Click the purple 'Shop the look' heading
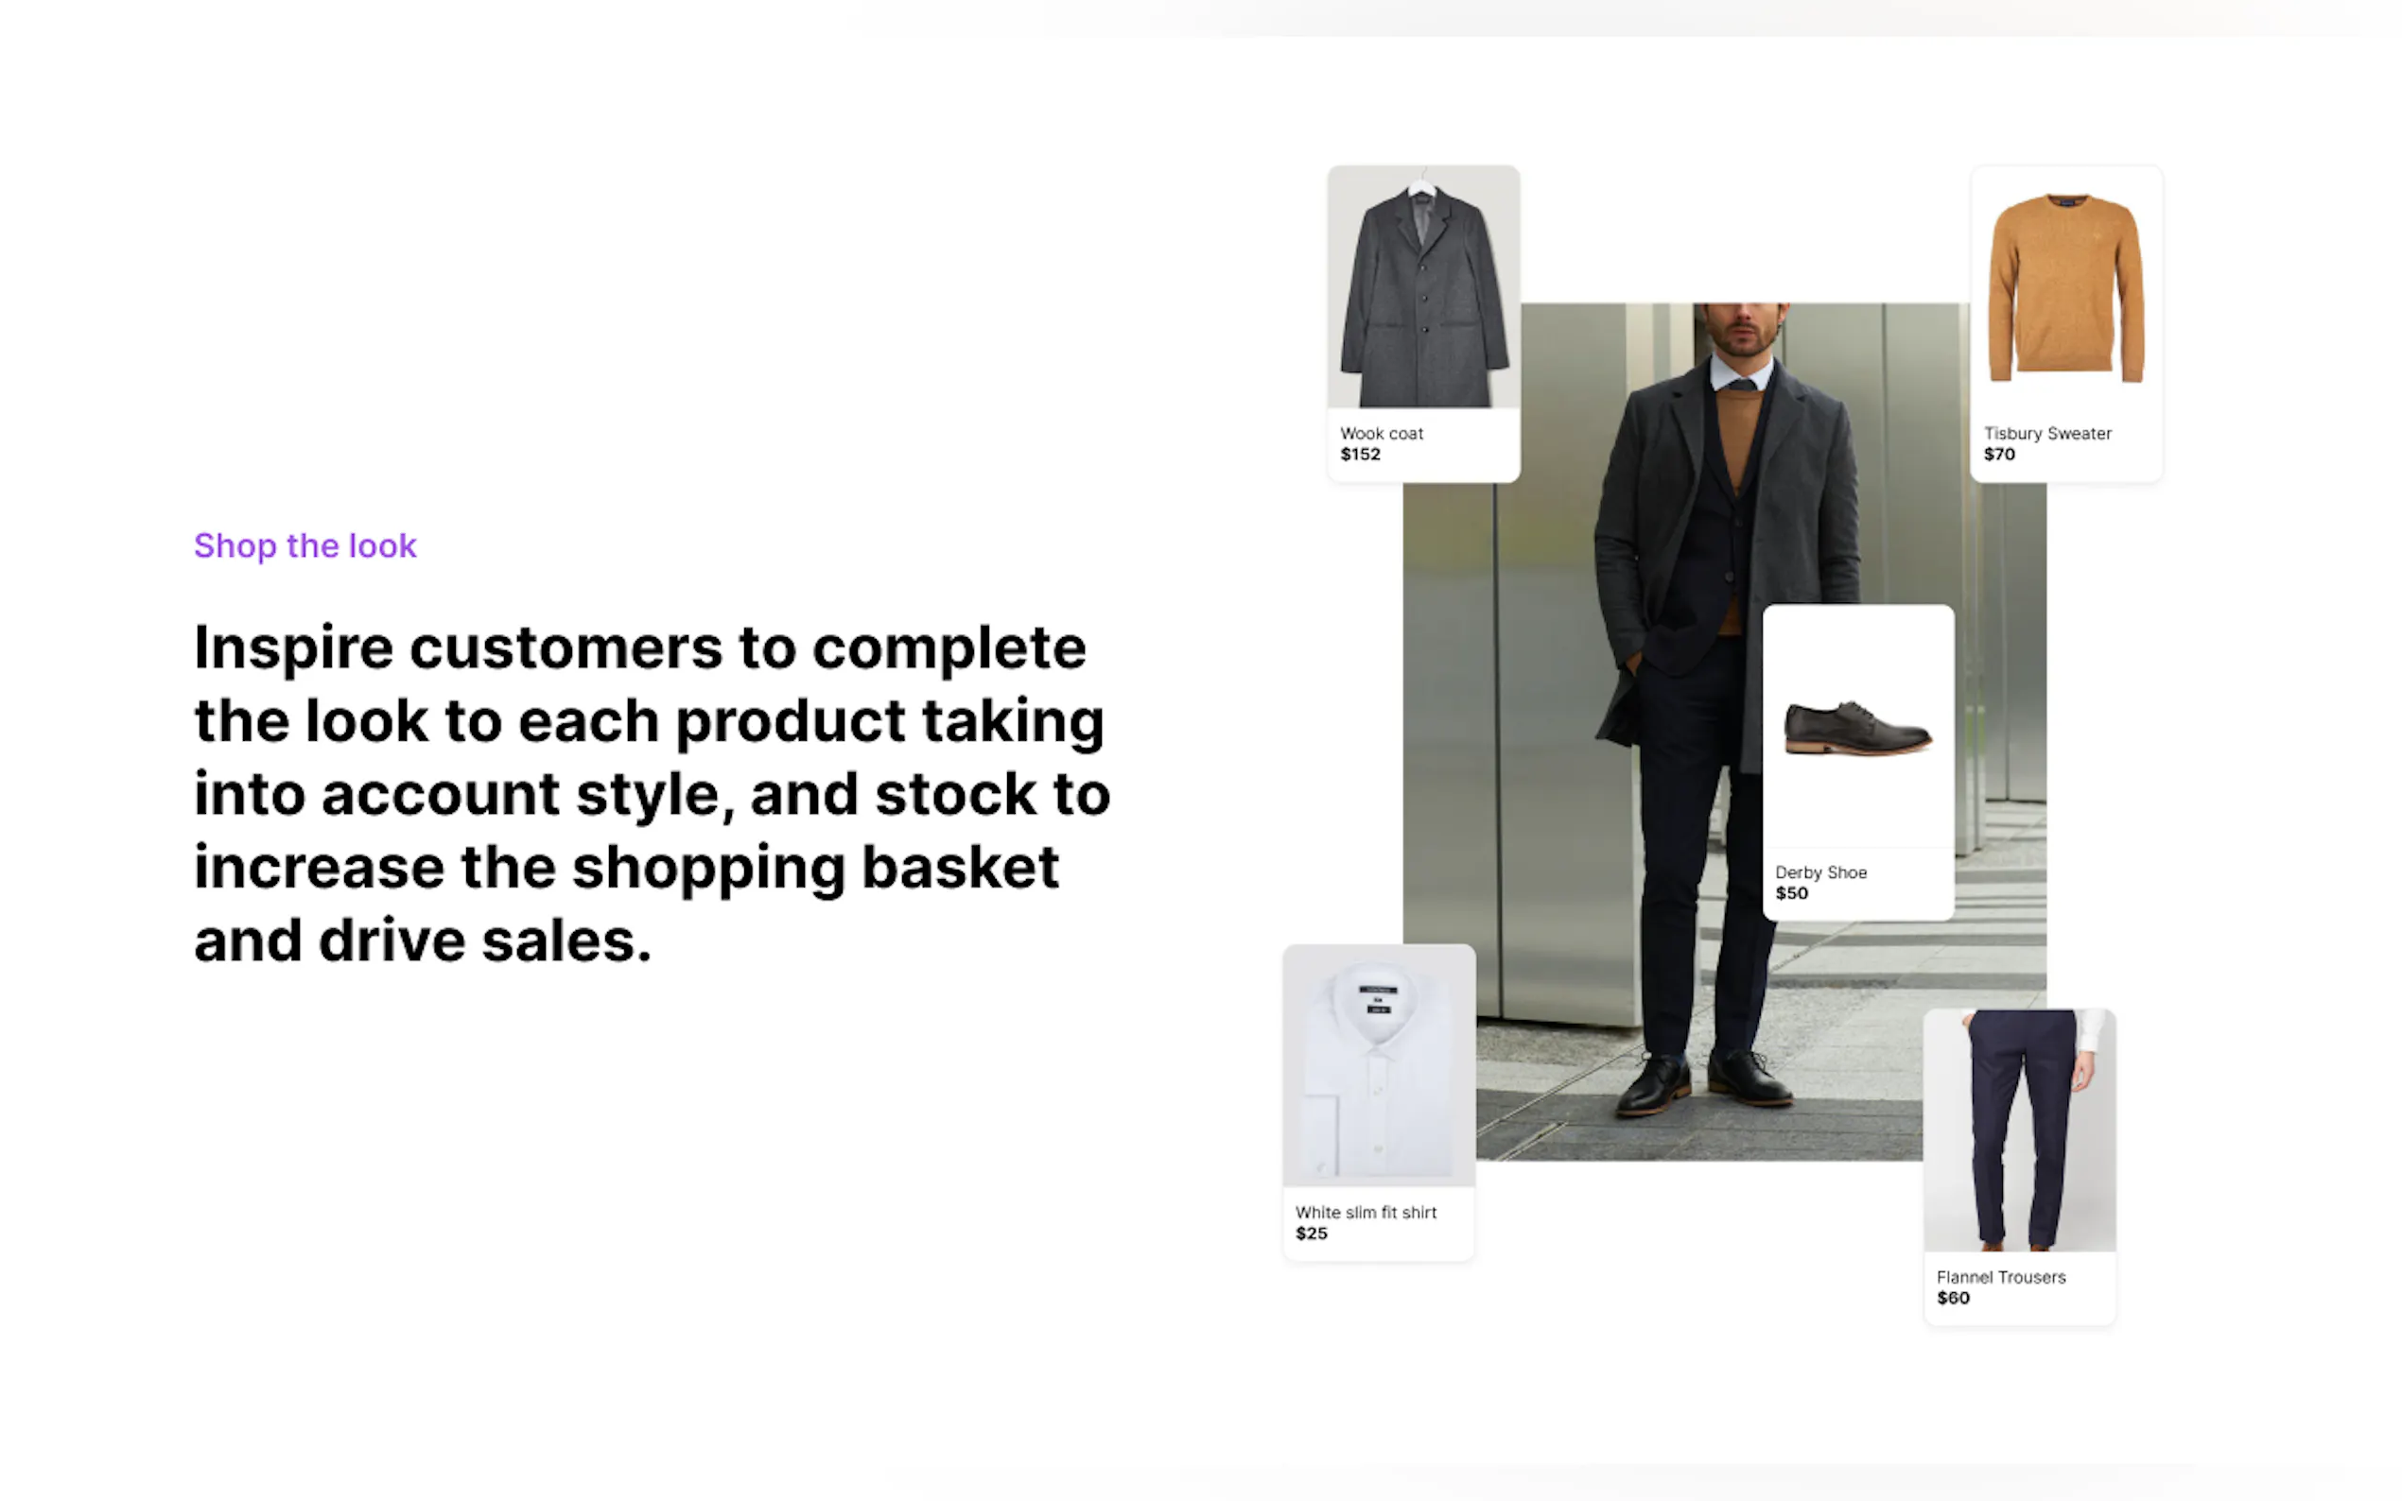(305, 546)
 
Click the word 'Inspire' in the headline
(294, 649)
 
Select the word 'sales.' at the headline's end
(567, 940)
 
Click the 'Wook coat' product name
(1382, 434)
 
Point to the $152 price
(1361, 455)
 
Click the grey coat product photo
(1423, 287)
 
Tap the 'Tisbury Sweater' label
(2046, 434)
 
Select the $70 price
(1999, 455)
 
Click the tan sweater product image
(2066, 288)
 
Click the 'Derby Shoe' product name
(1820, 872)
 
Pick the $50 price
(1791, 893)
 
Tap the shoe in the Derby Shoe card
(1858, 728)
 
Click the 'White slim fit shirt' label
(1366, 1212)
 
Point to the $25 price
(1311, 1234)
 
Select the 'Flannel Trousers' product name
(2001, 1278)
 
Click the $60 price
(1953, 1299)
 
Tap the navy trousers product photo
(2020, 1130)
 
